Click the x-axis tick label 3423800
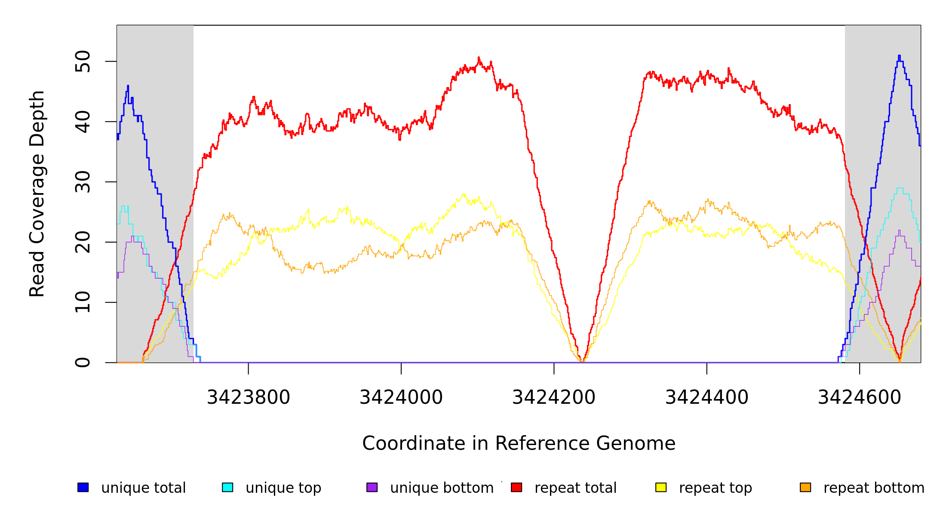click(249, 397)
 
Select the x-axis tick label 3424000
click(401, 397)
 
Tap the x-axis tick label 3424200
click(554, 397)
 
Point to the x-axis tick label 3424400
click(707, 397)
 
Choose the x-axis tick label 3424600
click(860, 397)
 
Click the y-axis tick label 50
click(83, 61)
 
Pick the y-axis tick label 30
click(83, 182)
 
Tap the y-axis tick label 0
click(83, 362)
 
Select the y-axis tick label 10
click(83, 302)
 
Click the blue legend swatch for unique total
click(83, 487)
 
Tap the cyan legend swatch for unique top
click(227, 487)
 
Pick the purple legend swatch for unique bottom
click(372, 487)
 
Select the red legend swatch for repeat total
click(516, 487)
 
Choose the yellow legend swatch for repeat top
click(661, 487)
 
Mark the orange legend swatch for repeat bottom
click(805, 487)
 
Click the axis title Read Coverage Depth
click(37, 193)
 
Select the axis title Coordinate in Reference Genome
click(519, 443)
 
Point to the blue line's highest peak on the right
click(899, 56)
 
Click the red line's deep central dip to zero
click(581, 361)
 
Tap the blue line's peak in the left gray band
click(128, 86)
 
